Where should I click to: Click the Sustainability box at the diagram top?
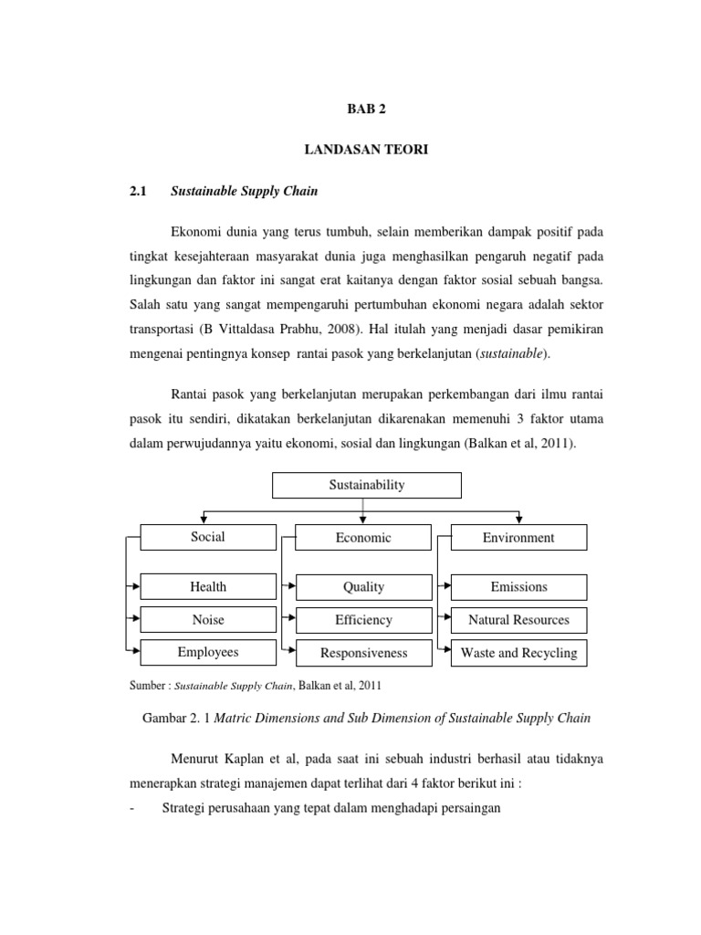click(367, 486)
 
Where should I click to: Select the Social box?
click(208, 537)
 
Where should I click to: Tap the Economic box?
click(363, 538)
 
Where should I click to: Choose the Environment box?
click(518, 538)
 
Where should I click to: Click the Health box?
click(208, 586)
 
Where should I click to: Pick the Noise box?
click(208, 619)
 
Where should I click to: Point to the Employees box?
click(208, 652)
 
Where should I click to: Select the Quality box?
click(363, 587)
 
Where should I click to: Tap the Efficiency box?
click(363, 620)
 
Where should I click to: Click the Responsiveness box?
click(363, 653)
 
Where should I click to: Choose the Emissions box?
click(518, 587)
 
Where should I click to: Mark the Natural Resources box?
click(518, 620)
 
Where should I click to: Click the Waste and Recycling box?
click(518, 653)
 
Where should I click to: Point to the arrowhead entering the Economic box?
click(364, 520)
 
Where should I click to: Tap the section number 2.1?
click(138, 192)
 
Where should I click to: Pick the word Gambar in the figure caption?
click(165, 718)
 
